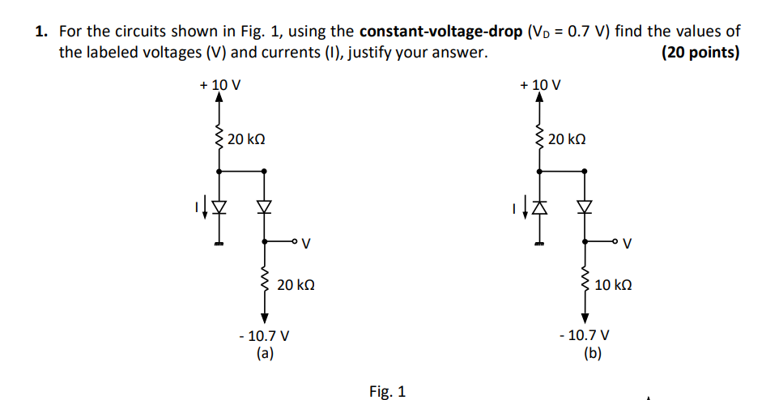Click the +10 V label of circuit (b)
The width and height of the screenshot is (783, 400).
click(541, 85)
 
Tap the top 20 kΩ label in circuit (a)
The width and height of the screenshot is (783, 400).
click(246, 139)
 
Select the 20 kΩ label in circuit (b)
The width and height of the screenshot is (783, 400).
click(566, 139)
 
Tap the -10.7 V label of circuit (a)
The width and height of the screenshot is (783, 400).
click(264, 335)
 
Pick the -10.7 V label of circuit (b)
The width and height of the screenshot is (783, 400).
click(585, 335)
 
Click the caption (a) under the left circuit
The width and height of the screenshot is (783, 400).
click(264, 352)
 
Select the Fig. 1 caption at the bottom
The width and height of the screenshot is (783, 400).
click(387, 392)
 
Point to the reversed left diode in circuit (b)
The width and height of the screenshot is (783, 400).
click(540, 208)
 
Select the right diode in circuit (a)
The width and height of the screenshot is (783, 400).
click(264, 208)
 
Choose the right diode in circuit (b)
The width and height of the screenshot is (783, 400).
click(585, 208)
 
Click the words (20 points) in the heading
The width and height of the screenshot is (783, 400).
click(700, 53)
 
